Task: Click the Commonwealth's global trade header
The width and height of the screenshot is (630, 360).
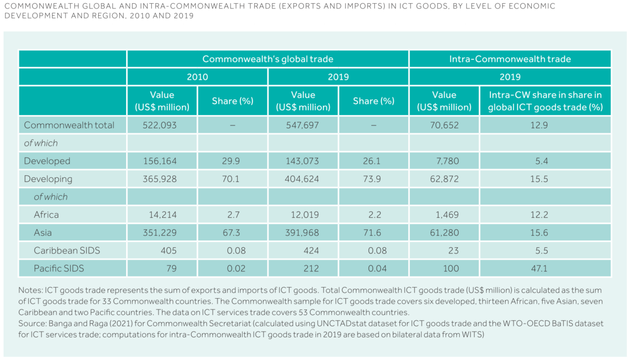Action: (268, 59)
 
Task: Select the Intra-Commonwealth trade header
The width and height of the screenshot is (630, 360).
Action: (510, 59)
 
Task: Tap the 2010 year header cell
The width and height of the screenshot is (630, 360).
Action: (197, 77)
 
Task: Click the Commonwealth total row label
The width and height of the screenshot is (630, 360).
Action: (69, 125)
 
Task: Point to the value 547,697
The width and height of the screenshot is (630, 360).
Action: (303, 125)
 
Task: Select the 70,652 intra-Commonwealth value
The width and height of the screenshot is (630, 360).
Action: (444, 125)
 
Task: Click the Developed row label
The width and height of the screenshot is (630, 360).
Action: (47, 161)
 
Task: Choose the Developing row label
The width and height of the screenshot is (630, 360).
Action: (48, 179)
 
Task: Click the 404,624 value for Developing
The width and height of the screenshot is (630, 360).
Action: (303, 179)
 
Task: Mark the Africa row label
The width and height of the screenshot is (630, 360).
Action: (46, 215)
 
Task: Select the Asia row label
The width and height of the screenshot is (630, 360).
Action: (44, 232)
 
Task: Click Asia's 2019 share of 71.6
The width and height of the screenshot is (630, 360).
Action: (374, 232)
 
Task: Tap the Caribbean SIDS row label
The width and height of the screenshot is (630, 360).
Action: (67, 250)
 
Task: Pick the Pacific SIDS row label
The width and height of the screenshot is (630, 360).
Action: (59, 268)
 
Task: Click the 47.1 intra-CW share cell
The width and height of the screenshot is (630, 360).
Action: (545, 268)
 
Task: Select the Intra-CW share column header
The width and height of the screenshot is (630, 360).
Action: (545, 101)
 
